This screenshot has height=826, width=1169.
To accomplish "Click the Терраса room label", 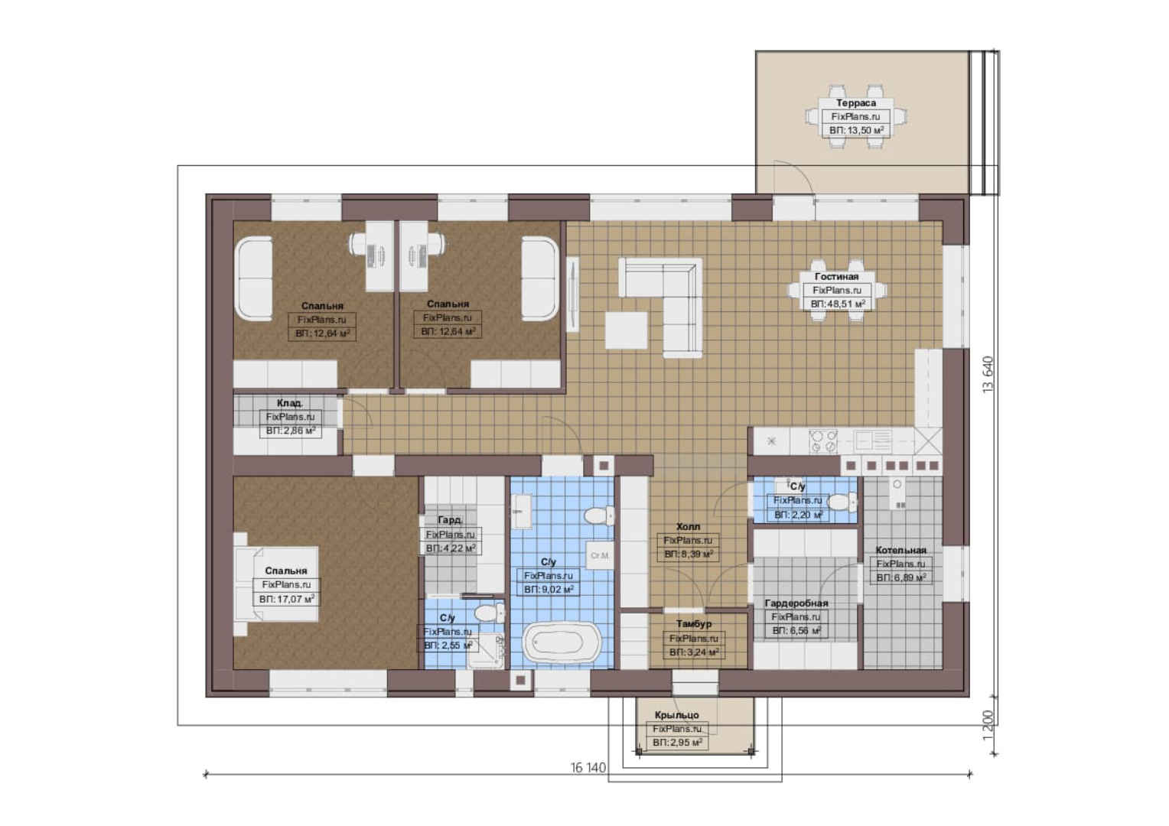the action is point(855,102).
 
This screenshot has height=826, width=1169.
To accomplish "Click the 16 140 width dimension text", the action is point(588,768).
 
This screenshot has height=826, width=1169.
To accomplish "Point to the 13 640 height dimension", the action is point(988,374).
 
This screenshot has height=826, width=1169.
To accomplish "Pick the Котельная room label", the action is point(900,550).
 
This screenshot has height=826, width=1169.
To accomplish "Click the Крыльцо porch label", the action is point(676,715).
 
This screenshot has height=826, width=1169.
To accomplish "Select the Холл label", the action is point(688,526).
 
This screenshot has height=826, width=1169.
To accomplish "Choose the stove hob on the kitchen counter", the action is point(823,441).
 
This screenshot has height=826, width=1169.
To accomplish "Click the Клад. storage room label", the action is point(289,403).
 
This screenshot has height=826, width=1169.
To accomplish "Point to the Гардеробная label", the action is point(796,603).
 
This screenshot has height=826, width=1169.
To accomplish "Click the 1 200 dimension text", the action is point(988,725).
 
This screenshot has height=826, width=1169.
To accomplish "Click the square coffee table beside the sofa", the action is point(627,330).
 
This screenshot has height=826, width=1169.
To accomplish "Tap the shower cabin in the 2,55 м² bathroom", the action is point(485,651).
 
